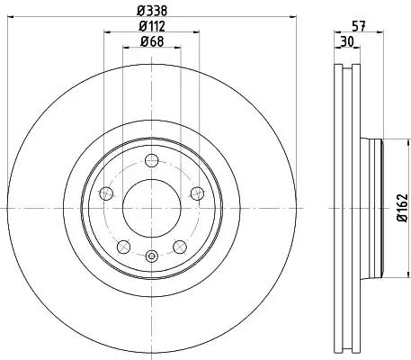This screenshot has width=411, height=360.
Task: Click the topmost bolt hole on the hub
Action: (151, 160)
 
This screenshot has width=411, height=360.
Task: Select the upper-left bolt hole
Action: (108, 192)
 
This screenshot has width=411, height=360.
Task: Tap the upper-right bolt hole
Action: (195, 192)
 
